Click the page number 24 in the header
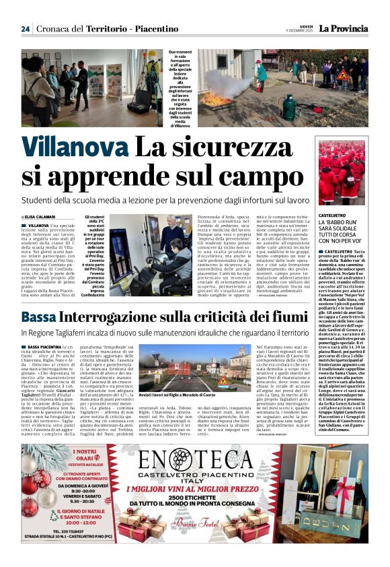25,29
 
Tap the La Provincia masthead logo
343,28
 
